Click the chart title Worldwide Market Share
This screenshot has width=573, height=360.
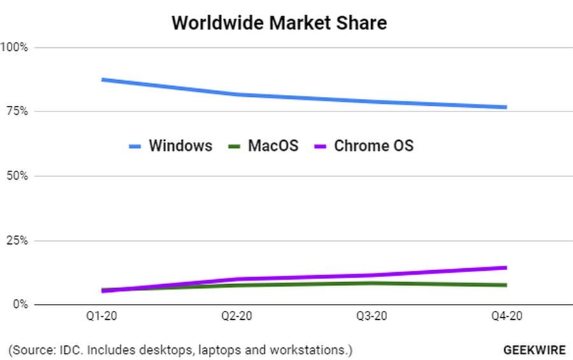(x=279, y=23)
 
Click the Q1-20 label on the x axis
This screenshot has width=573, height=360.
(x=102, y=317)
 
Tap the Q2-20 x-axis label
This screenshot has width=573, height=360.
(x=237, y=317)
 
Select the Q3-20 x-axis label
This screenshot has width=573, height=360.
(x=372, y=317)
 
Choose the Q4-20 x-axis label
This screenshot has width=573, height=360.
(x=507, y=317)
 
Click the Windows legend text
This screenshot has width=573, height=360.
(x=180, y=146)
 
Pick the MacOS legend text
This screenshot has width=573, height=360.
(x=272, y=146)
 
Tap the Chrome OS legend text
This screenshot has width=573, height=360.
(x=374, y=146)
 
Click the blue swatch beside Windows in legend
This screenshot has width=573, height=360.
(x=135, y=147)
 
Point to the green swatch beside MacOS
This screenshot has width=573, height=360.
(x=234, y=147)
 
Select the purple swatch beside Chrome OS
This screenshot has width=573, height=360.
(x=322, y=147)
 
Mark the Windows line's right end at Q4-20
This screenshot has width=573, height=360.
(x=506, y=107)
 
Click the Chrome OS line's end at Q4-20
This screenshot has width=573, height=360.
(x=506, y=268)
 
